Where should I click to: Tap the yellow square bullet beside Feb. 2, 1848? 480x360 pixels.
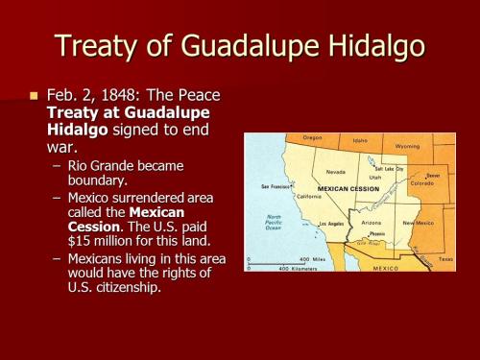pos(35,96)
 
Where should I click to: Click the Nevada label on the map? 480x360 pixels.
pos(336,172)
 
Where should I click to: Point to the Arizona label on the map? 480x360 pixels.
pos(371,222)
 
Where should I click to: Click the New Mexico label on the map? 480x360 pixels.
pos(418,222)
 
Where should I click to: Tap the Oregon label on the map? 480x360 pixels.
pos(313,138)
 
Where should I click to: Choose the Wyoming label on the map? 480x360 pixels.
pos(407,146)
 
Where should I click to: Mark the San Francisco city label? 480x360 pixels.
pos(276,185)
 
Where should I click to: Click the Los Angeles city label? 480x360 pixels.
pos(331,224)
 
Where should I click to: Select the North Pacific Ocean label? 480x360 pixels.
pos(274,222)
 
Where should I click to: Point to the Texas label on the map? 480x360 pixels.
pos(445,258)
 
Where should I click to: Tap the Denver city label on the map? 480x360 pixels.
pos(433,176)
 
